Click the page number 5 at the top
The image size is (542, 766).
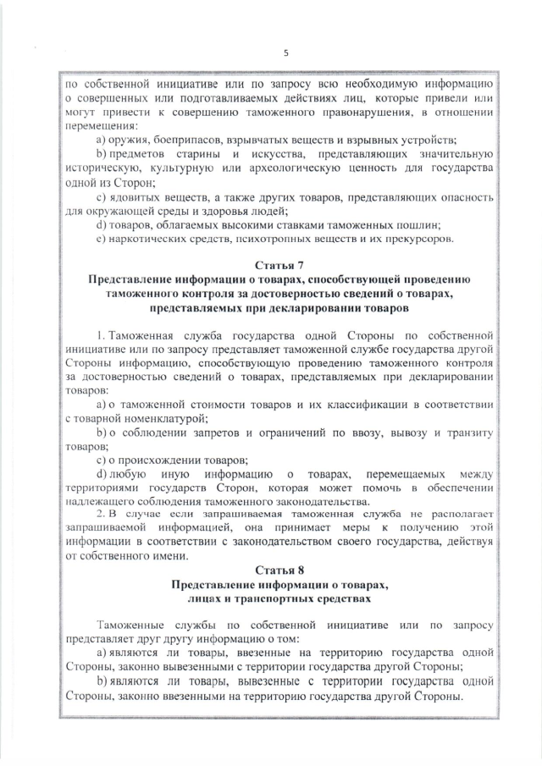(x=285, y=53)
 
